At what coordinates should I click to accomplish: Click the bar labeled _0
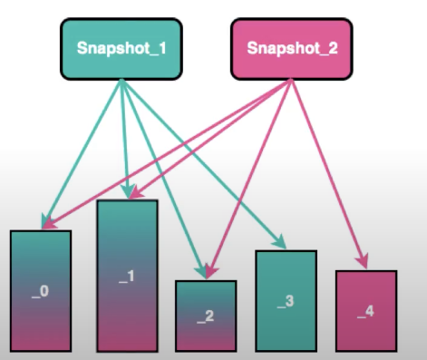pos(41,290)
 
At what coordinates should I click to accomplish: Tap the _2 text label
pos(205,316)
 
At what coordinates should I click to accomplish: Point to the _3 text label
pos(286,300)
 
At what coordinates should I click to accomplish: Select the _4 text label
pos(365,311)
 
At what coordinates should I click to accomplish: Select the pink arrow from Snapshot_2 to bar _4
pos(327,172)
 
